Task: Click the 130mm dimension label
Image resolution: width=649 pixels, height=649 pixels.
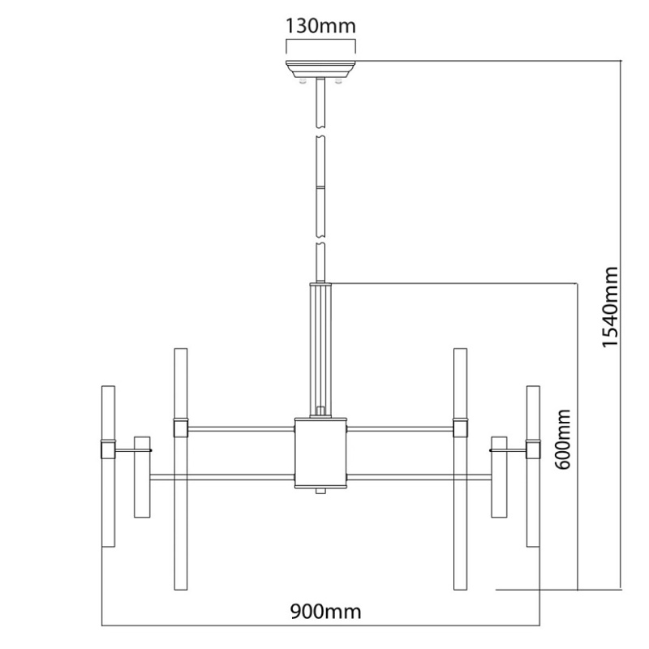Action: coord(320,26)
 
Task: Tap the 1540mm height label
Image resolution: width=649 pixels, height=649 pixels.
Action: coord(610,307)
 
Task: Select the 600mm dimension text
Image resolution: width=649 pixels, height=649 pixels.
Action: coord(562,439)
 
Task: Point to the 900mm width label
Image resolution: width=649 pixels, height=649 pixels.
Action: coord(325,611)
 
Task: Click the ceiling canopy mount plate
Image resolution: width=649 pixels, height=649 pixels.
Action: coord(320,69)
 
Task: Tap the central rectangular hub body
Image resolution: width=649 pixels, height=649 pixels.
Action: coord(320,453)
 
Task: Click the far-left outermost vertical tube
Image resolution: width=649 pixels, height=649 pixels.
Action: coord(108,466)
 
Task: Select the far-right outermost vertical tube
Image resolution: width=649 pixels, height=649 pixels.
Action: coord(533,466)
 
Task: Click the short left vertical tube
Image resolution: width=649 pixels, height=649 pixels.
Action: coord(142,476)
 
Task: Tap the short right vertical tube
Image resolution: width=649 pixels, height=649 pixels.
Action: coord(499,476)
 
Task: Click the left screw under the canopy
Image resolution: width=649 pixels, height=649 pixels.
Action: coord(303,80)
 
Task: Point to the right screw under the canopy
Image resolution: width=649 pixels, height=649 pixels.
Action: coord(338,80)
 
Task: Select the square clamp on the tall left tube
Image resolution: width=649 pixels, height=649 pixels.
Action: coord(181,428)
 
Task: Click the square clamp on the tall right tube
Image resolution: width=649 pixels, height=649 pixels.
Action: coord(460,428)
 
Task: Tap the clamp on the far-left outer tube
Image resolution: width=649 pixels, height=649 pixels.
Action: coord(108,449)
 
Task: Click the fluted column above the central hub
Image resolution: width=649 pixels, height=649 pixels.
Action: coord(320,350)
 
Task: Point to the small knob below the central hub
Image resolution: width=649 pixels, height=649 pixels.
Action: coord(320,491)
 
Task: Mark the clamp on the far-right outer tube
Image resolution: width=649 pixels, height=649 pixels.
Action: coord(533,449)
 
